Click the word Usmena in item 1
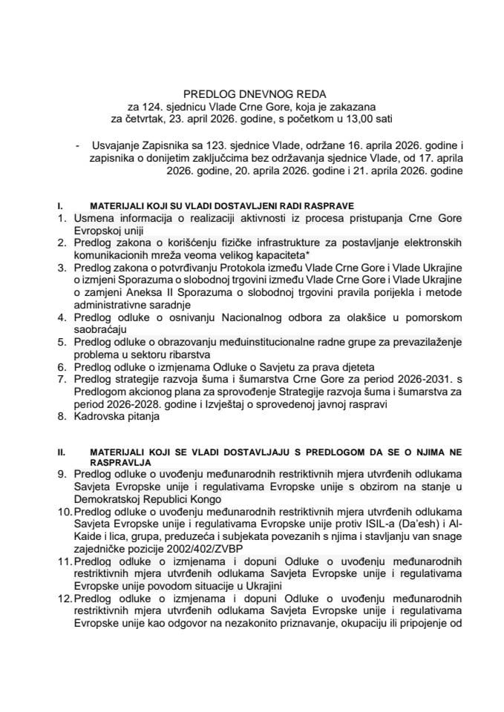pyautogui.click(x=94, y=216)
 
